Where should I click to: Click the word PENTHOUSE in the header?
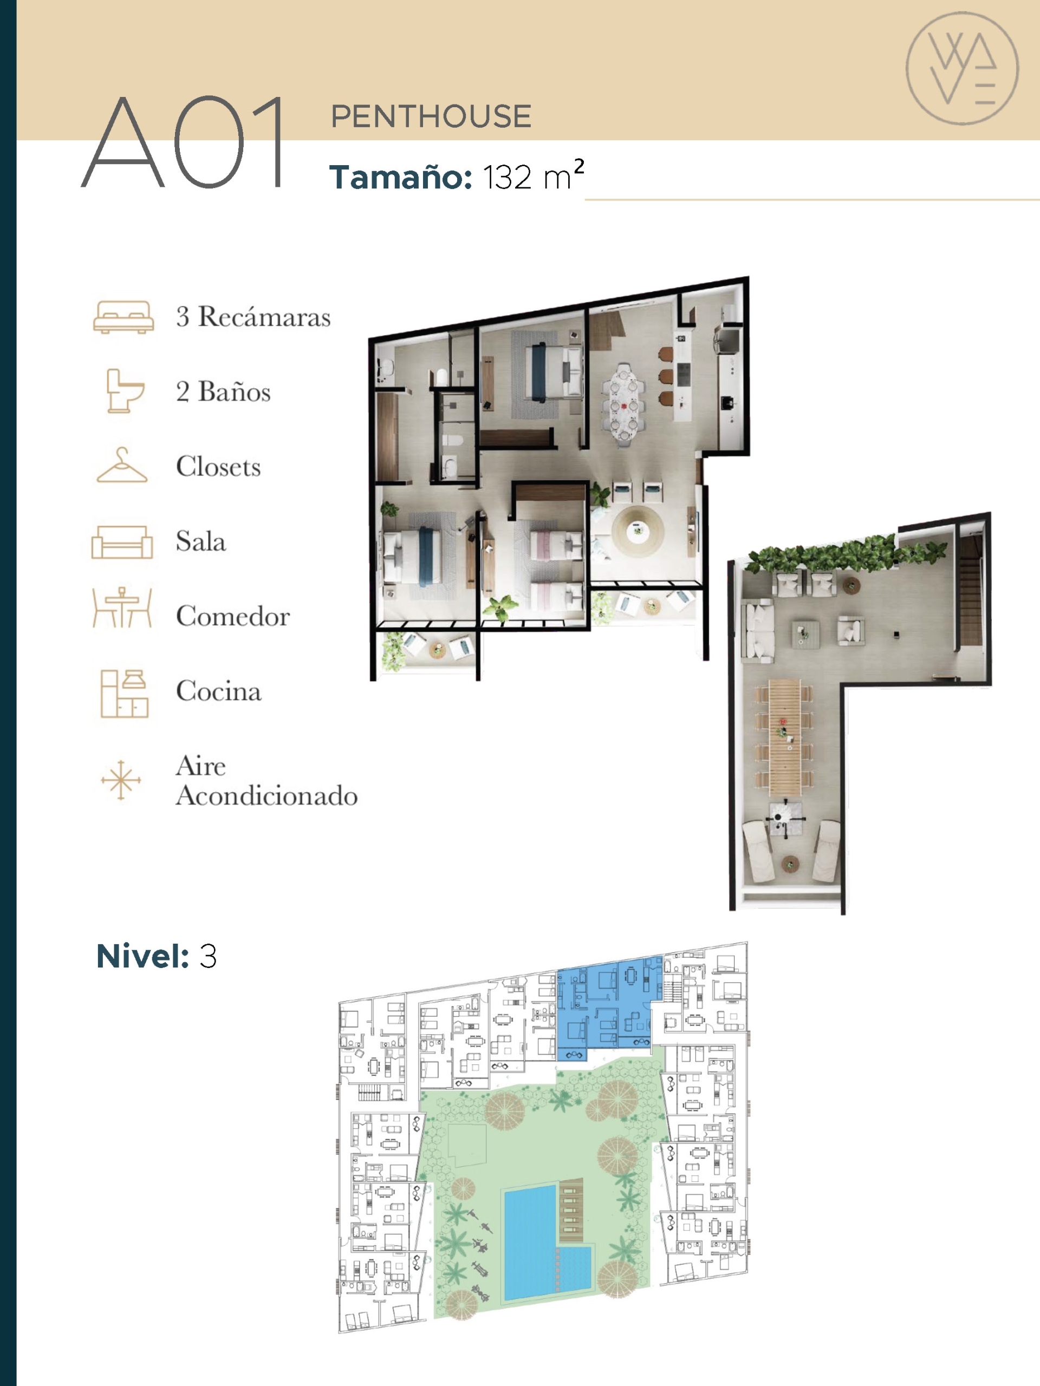coord(431,116)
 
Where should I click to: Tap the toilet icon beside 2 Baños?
coord(124,390)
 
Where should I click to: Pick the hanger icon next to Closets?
coord(122,465)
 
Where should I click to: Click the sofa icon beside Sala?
coord(122,541)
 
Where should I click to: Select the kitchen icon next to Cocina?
coord(124,693)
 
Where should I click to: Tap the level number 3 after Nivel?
coord(208,956)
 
